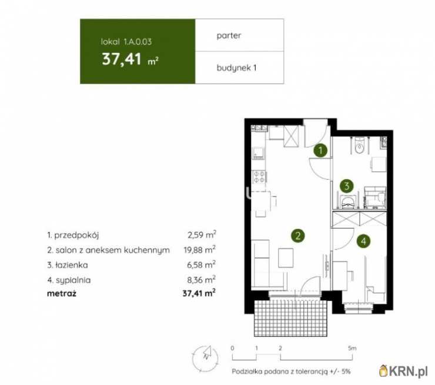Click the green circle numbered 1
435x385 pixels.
pyautogui.click(x=320, y=151)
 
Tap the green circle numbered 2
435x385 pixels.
pyautogui.click(x=298, y=236)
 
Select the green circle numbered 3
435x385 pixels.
pyautogui.click(x=347, y=185)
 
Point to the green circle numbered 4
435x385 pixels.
pyautogui.click(x=363, y=241)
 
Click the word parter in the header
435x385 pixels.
pyautogui.click(x=229, y=35)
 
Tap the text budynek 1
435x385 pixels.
pyautogui.click(x=236, y=68)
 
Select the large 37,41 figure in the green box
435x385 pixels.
pyautogui.click(x=122, y=59)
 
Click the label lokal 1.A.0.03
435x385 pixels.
pyautogui.click(x=126, y=42)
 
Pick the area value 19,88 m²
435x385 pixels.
pyautogui.click(x=199, y=250)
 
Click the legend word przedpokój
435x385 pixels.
pyautogui.click(x=76, y=235)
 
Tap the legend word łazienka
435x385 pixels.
pyautogui.click(x=72, y=265)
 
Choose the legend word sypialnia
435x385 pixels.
pyautogui.click(x=73, y=280)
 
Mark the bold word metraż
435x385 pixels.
pyautogui.click(x=62, y=293)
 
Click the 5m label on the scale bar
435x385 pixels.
pyautogui.click(x=352, y=348)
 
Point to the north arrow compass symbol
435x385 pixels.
pyautogui.click(x=205, y=358)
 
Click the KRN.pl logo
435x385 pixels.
pyautogui.click(x=403, y=371)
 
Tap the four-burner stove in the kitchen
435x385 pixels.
pyautogui.click(x=259, y=177)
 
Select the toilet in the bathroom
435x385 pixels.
pyautogui.click(x=360, y=146)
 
